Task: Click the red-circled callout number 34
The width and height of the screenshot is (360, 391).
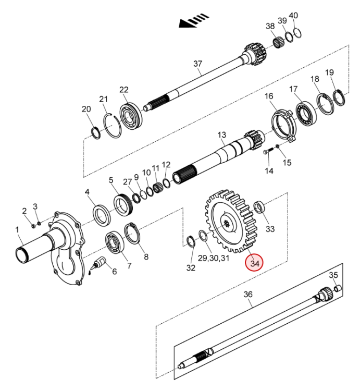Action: (254, 263)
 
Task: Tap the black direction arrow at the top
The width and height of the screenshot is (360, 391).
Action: (194, 20)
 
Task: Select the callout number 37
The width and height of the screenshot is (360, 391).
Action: (198, 64)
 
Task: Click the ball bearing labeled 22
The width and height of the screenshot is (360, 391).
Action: (131, 115)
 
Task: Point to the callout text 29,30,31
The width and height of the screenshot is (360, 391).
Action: (214, 258)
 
